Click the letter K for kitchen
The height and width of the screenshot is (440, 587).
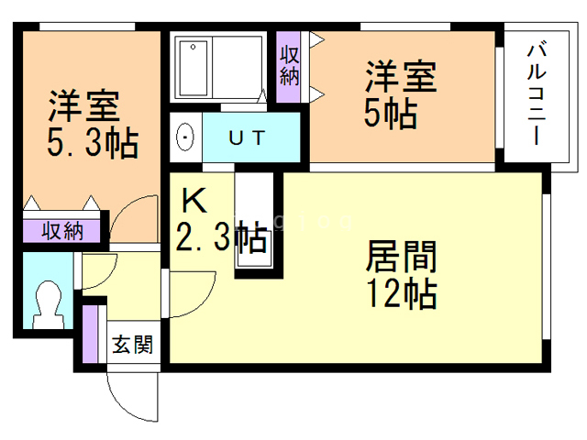tap(193, 201)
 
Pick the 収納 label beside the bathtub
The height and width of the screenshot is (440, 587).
tap(289, 60)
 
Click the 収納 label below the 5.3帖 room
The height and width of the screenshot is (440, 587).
tap(62, 230)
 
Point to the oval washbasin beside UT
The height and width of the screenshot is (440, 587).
tap(185, 139)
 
